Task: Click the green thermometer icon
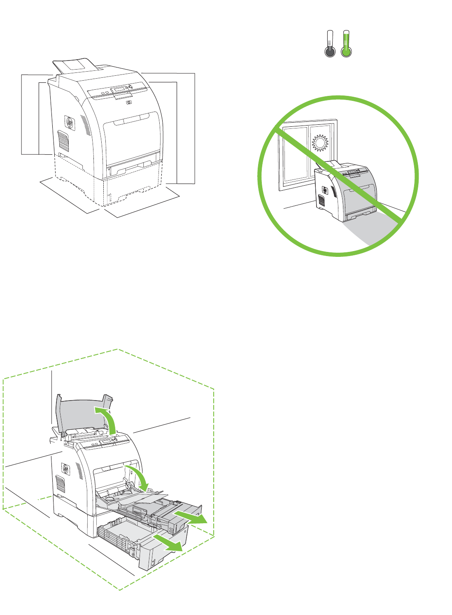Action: point(346,44)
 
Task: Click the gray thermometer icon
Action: point(330,44)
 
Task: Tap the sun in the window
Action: point(320,143)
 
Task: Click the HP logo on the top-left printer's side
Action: point(69,123)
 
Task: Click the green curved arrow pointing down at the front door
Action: point(139,478)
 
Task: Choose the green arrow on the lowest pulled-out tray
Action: point(169,543)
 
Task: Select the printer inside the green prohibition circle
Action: point(346,191)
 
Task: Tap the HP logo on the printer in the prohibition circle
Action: point(324,189)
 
